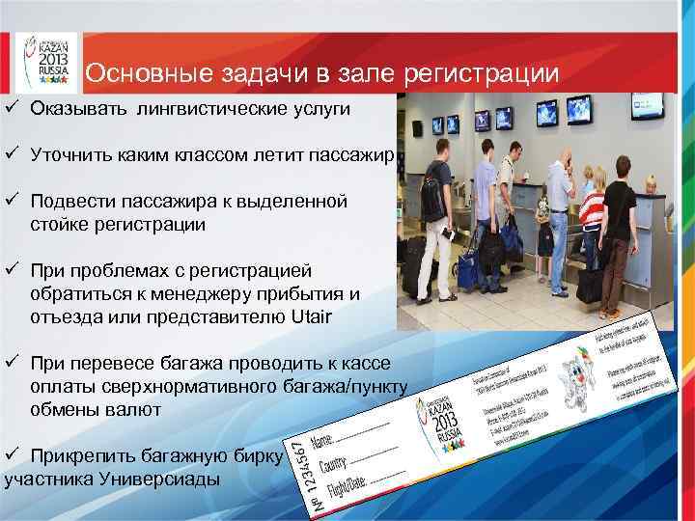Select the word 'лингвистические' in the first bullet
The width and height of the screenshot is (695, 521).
coord(205,110)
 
